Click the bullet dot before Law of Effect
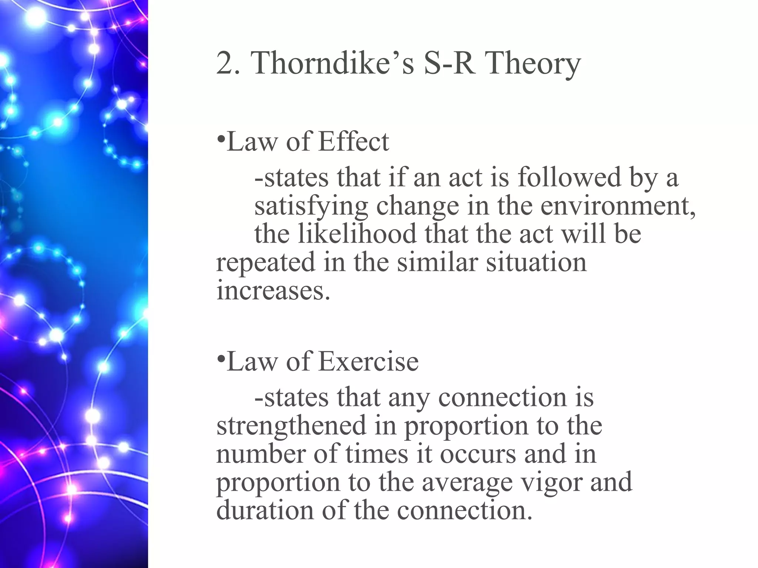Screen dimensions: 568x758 (x=221, y=140)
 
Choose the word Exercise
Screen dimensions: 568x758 (x=368, y=361)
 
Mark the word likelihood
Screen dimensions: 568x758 (x=357, y=234)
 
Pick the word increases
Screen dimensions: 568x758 (x=272, y=291)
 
